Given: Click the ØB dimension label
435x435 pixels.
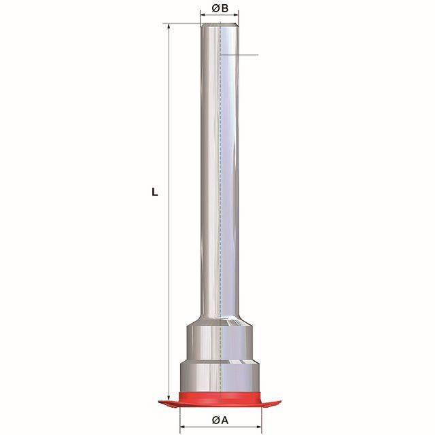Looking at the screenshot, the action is point(220,9).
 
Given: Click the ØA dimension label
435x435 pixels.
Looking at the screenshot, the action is point(220,420).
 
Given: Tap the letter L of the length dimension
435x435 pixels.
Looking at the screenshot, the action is point(154,192).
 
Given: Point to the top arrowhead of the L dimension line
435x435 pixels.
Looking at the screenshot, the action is point(169,27).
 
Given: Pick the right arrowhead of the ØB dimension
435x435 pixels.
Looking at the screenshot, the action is point(236,15).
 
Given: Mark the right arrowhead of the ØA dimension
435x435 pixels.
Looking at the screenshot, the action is point(258,426).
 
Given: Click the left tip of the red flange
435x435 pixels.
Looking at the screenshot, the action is point(158,401).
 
